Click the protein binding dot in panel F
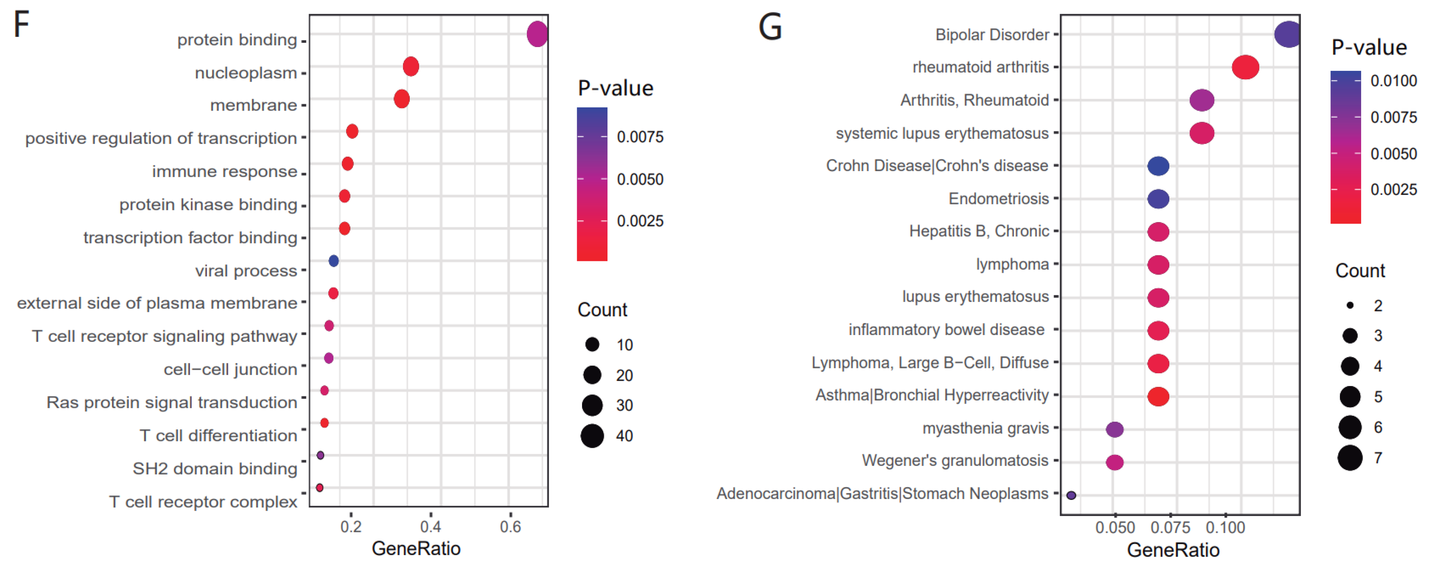pyautogui.click(x=536, y=34)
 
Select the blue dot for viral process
pyautogui.click(x=333, y=261)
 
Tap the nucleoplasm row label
pyautogui.click(x=246, y=73)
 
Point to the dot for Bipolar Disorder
pyautogui.click(x=1287, y=34)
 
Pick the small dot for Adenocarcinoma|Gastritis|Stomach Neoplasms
pyautogui.click(x=1071, y=495)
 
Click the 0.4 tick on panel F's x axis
pyautogui.click(x=430, y=526)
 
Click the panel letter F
pyautogui.click(x=21, y=25)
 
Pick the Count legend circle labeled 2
pyautogui.click(x=1350, y=305)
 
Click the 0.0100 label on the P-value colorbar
pyautogui.click(x=1393, y=81)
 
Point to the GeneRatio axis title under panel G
pyautogui.click(x=1173, y=550)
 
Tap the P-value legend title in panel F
pyautogui.click(x=615, y=88)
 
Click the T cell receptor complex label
pyautogui.click(x=203, y=502)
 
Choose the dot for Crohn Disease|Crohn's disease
pyautogui.click(x=1158, y=166)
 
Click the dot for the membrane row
pyautogui.click(x=402, y=99)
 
